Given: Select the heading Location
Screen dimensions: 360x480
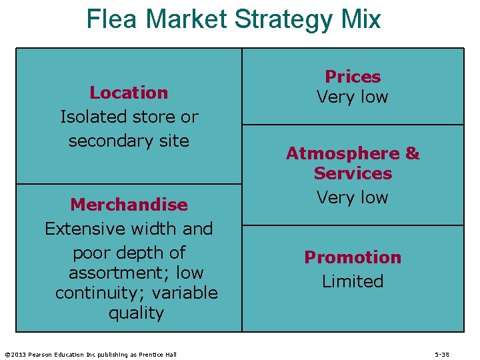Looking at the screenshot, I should [129, 93].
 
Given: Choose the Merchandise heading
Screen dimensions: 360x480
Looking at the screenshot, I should [129, 205].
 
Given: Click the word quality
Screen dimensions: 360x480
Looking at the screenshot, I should [136, 313].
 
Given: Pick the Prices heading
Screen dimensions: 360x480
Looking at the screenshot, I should [353, 77].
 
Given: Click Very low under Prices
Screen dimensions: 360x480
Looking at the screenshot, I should [353, 97].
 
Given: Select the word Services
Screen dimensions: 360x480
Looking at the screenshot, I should [353, 173].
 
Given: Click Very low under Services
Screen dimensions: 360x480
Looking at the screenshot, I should [353, 197].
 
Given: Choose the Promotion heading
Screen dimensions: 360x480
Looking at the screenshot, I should [353, 257].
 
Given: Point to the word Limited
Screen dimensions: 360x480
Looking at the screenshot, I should [353, 281].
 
